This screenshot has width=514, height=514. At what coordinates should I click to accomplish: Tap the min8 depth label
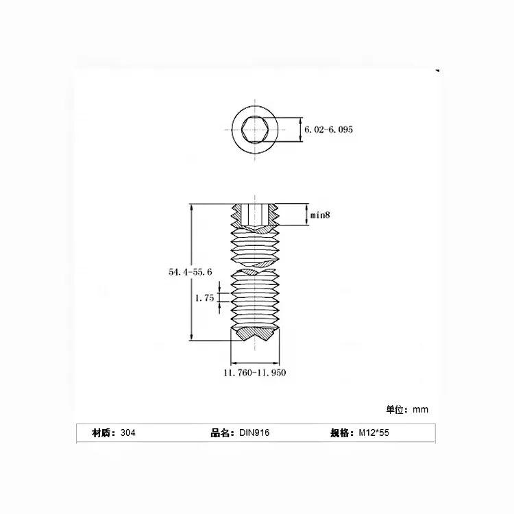point(320,215)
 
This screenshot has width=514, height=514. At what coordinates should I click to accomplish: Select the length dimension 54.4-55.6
point(190,272)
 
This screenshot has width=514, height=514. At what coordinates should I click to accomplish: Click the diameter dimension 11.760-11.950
point(254,373)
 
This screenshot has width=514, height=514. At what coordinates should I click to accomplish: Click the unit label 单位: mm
point(407,409)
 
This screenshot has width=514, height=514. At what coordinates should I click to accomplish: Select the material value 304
point(127,433)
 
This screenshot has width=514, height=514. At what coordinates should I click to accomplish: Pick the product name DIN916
point(254,433)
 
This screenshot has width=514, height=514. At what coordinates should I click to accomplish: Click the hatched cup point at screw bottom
point(254,336)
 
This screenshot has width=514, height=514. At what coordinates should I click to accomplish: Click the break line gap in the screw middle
point(254,267)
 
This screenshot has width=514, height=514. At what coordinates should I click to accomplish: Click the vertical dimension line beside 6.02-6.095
point(302,130)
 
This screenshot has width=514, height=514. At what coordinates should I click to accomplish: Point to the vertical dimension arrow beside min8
point(305,215)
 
